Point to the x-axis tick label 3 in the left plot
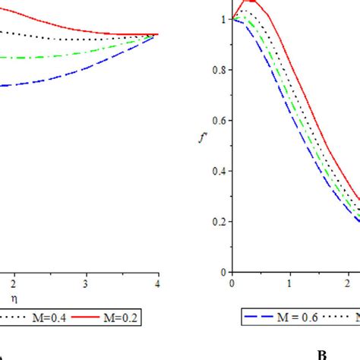[86, 279]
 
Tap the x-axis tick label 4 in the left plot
[157, 279]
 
